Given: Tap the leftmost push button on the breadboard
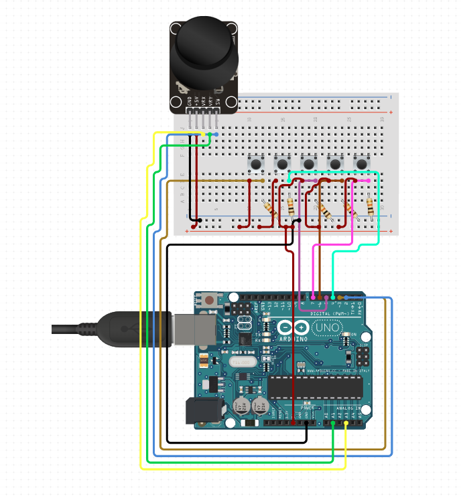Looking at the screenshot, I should pos(255,163).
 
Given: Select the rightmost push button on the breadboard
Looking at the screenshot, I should pos(362,163).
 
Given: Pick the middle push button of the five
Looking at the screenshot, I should pos(308,163).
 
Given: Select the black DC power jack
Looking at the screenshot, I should pos(203,410).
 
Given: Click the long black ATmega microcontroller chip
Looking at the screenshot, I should pos(315,387).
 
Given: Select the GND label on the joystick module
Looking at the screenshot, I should pos(190,101).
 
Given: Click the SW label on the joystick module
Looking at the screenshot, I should pos(217,101).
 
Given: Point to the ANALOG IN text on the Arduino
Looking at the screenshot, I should pos(348,408).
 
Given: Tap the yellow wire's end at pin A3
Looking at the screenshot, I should pos(346,423).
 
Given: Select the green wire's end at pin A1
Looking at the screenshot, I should pos(333,423).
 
